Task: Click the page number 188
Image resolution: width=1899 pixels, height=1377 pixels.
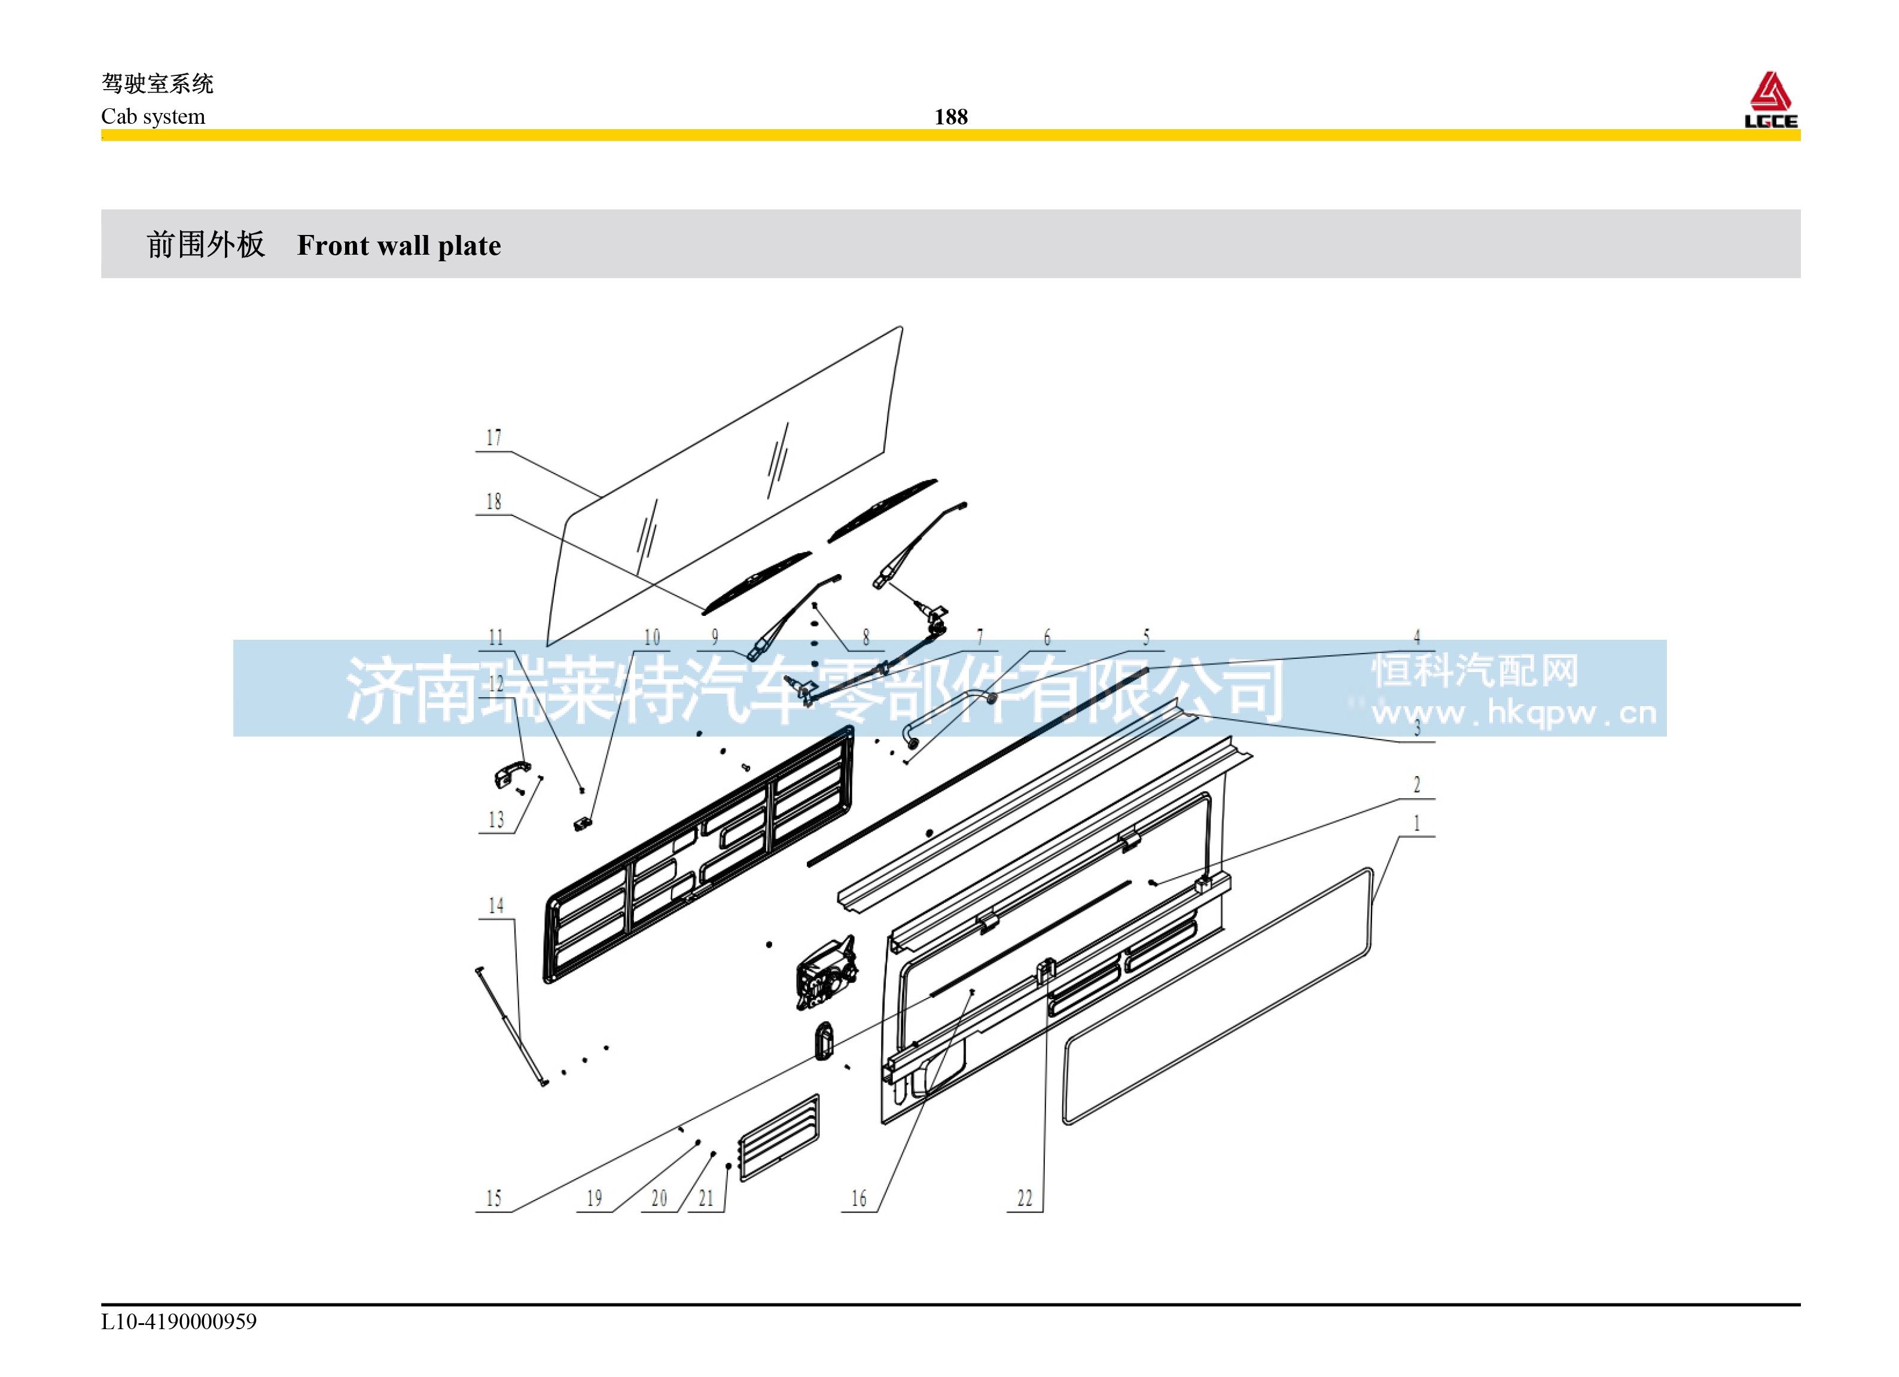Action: (x=950, y=117)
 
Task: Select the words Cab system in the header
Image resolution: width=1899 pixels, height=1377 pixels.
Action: (x=153, y=117)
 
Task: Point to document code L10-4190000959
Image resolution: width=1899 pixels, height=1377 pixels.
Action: (x=179, y=1321)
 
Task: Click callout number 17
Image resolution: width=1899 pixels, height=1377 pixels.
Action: (x=494, y=438)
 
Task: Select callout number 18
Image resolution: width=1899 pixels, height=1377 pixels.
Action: (x=494, y=502)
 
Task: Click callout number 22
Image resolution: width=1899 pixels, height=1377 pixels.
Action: (x=1025, y=1199)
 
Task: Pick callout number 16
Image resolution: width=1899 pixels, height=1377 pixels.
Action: (x=859, y=1199)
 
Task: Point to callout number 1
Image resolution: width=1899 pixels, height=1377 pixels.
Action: (x=1417, y=824)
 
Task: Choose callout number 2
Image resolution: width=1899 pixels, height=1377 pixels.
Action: (x=1417, y=784)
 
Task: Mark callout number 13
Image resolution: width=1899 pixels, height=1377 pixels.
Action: (x=496, y=820)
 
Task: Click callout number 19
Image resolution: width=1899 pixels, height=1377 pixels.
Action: (x=594, y=1199)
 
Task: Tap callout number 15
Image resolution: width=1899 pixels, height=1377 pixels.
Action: (x=494, y=1199)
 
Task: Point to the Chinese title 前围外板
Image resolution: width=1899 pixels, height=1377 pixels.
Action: (x=206, y=245)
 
